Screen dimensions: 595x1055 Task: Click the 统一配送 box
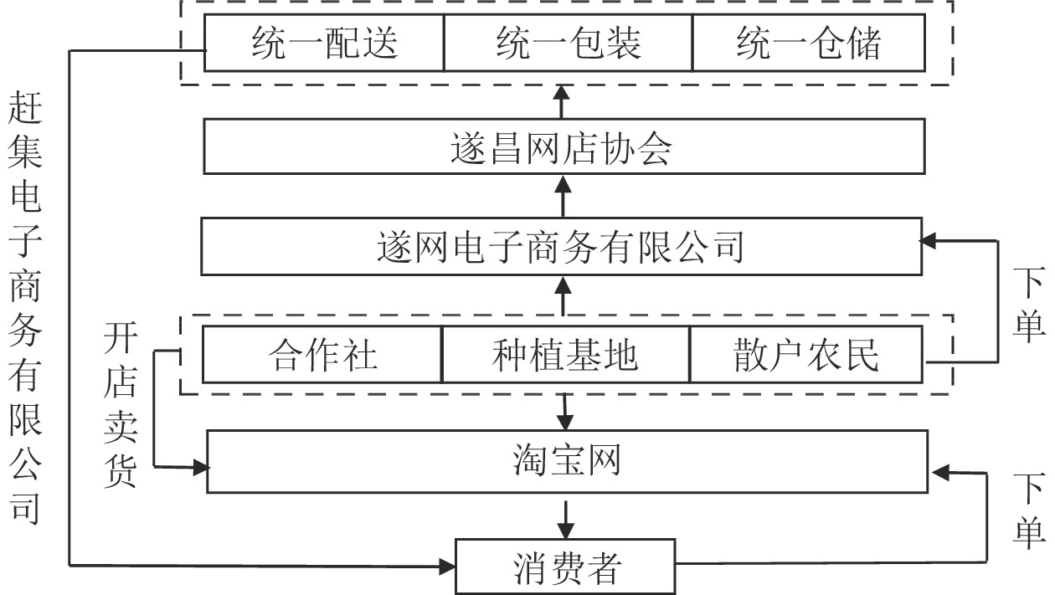[324, 44]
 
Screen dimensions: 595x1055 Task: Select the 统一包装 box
[568, 44]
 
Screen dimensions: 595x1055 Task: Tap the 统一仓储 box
[808, 44]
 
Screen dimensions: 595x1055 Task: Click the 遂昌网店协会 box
[564, 146]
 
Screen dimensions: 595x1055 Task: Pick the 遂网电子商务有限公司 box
[561, 247]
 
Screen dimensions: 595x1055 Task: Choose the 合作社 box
[322, 355]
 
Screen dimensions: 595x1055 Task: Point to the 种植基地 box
[565, 355]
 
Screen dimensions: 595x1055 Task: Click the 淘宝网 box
[567, 461]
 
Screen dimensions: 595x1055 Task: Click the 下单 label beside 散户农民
[1028, 304]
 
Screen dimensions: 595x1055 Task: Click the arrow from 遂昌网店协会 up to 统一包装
[564, 101]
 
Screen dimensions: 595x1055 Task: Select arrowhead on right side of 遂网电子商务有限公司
[928, 241]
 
